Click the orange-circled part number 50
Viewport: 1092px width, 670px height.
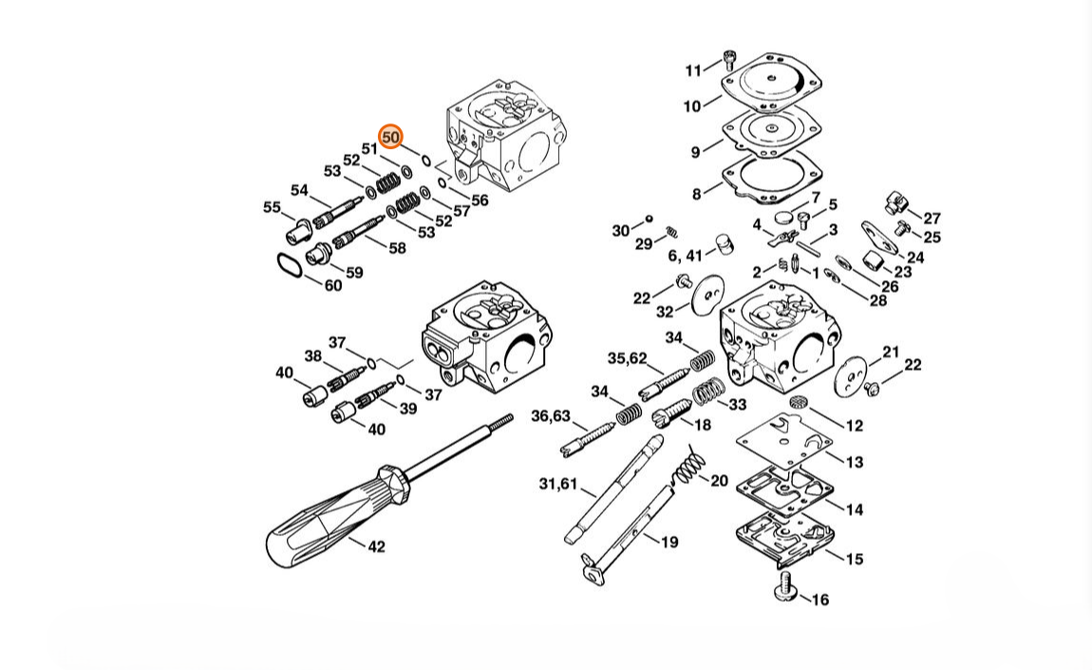[x=390, y=138]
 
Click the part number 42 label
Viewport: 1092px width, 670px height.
[x=376, y=546]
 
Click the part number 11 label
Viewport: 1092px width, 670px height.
[x=693, y=70]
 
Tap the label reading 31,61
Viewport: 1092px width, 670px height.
[x=558, y=484]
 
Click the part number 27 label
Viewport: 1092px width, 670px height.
[x=932, y=219]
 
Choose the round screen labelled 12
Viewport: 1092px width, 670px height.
[x=800, y=403]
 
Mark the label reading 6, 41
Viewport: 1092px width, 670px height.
[x=685, y=255]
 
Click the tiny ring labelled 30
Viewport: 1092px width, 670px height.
[x=649, y=220]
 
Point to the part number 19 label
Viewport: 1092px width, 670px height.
[x=669, y=542]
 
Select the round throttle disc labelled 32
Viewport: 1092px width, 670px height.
[x=705, y=296]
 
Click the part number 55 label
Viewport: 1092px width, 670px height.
[x=272, y=207]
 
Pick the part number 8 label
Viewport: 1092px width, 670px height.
[x=696, y=195]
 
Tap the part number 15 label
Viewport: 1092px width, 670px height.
[x=854, y=559]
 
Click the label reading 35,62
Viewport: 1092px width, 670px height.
[x=627, y=358]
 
